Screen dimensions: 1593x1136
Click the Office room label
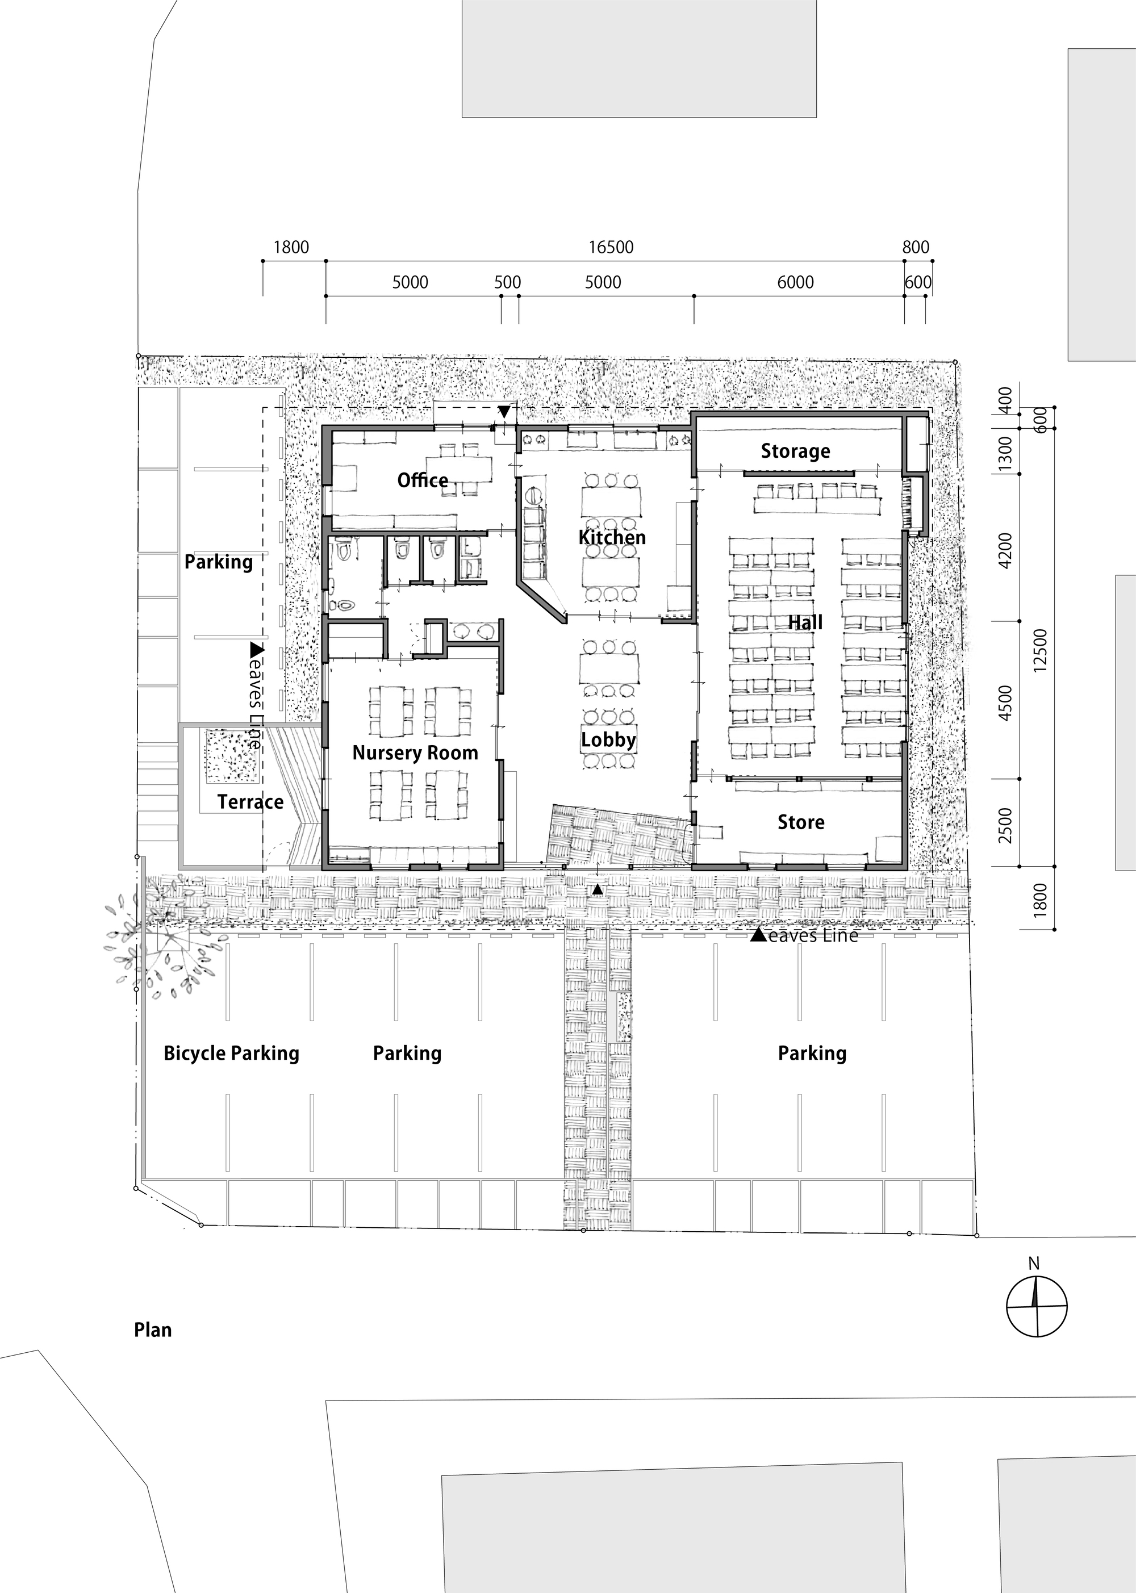point(423,480)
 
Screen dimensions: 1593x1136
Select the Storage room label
point(795,451)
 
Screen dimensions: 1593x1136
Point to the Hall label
point(805,622)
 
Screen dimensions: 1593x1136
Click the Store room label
point(800,822)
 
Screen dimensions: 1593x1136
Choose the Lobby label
point(608,740)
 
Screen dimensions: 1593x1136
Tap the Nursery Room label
point(415,753)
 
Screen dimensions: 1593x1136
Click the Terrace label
point(250,802)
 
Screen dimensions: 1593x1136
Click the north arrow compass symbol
point(1036,1306)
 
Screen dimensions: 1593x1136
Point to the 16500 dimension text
point(611,248)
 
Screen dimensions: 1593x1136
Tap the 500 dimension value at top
point(507,282)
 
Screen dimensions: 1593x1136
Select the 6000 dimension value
point(795,282)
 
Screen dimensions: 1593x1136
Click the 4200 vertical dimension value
point(1005,550)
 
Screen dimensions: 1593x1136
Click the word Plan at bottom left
point(152,1330)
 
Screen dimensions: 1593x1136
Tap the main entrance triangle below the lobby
point(596,889)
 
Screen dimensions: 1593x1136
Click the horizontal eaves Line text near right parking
point(812,936)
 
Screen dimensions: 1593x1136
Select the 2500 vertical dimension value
point(1005,825)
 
